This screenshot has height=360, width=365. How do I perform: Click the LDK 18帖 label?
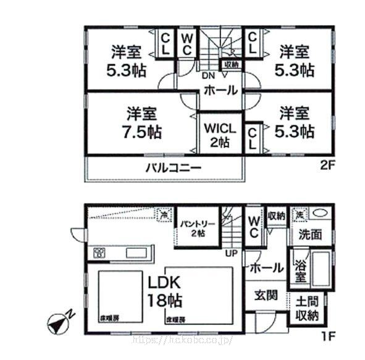tap(164, 292)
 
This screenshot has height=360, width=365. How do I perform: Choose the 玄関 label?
tap(266, 294)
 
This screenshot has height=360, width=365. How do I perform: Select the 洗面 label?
tap(311, 235)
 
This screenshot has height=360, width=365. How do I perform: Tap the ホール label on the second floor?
tap(220, 91)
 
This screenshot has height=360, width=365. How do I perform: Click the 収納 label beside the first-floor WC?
tap(276, 216)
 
